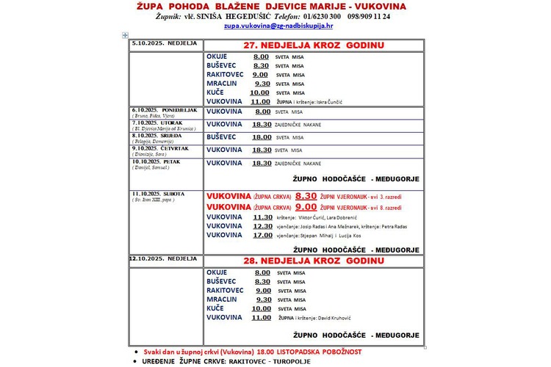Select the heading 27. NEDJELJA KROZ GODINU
(314, 46)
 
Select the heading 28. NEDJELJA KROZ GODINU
(314, 261)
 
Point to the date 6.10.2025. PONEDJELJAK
(166, 110)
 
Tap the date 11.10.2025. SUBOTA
(158, 194)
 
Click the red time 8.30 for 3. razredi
(306, 197)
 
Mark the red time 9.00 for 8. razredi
(306, 207)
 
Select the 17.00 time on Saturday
(262, 236)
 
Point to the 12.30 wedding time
(262, 226)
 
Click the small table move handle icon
(125, 34)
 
